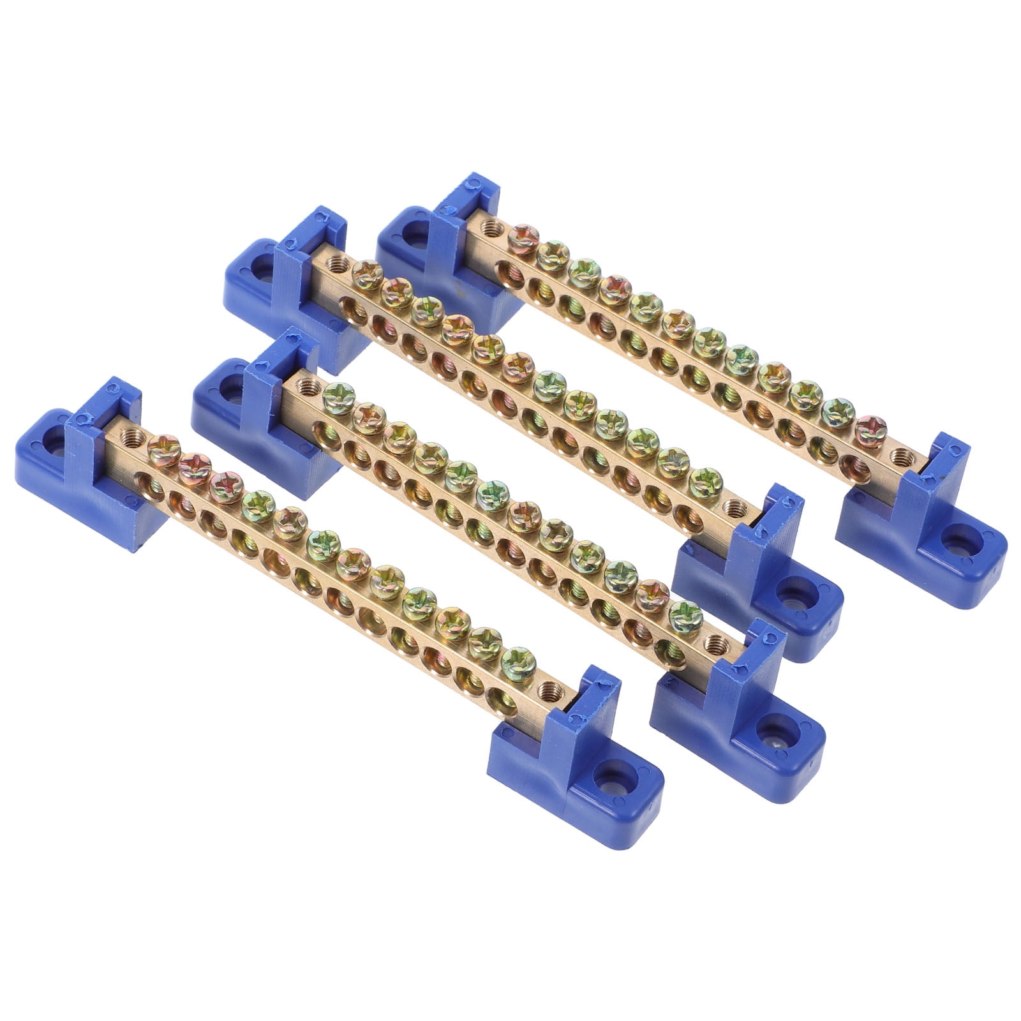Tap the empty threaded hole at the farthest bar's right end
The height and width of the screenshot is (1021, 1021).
[900, 455]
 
